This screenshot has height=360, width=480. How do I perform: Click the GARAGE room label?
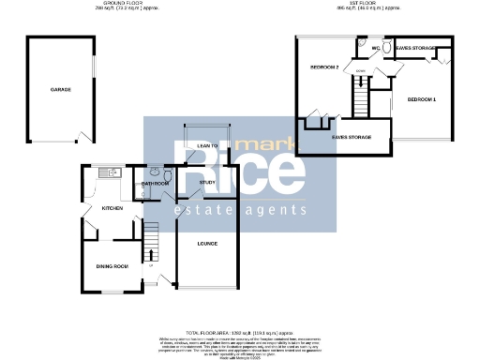pos(61,90)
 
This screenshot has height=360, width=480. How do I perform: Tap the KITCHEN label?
pos(112,207)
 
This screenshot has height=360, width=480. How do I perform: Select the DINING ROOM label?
pos(112,266)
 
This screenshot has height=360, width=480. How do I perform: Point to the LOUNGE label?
pos(207,244)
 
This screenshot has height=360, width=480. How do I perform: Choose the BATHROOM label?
pos(155,184)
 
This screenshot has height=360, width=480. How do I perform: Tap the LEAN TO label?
pos(207,146)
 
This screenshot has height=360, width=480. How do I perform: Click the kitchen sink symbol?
pos(109,172)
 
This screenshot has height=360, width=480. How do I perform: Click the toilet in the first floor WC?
pos(364,44)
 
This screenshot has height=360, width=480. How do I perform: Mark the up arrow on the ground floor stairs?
pos(149,253)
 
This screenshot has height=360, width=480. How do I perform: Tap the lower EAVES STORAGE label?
pos(352,138)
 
